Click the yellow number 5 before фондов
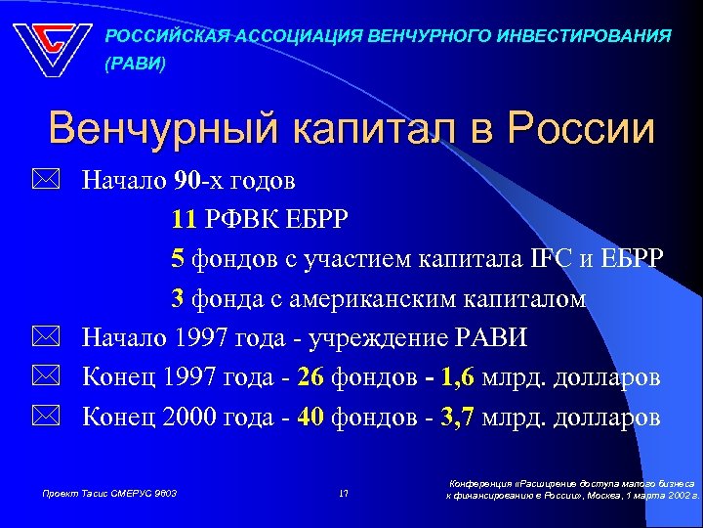coord(177,258)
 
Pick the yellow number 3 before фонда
coord(177,298)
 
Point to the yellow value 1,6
coord(460,377)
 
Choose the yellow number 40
coord(311,418)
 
